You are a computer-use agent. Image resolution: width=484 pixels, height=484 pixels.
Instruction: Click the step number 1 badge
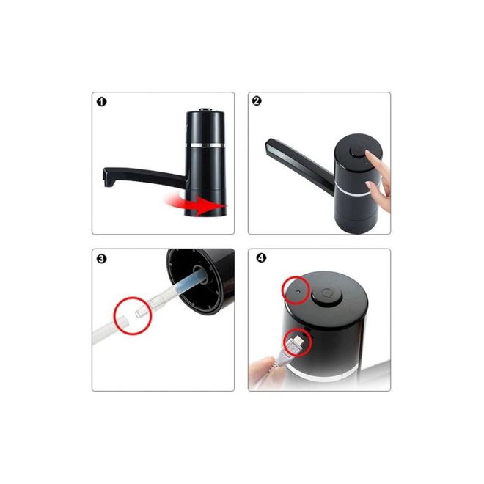coord(101,102)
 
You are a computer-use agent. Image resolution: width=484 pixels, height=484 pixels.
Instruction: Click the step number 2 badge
coord(257,101)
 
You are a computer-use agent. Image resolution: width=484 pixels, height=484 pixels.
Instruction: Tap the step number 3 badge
coord(101,258)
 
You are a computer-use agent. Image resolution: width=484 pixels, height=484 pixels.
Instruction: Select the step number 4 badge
coord(261,257)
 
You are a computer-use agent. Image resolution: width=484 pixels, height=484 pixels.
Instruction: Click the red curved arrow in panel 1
coord(197,205)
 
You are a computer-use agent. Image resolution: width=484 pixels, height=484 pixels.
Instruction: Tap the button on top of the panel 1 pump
coord(205,109)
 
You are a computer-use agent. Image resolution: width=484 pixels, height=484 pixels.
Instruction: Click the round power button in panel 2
coord(358,151)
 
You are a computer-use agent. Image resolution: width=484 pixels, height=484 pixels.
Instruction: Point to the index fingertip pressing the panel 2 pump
coord(369,153)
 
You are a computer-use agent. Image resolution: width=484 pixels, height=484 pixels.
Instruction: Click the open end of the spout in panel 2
coord(269,146)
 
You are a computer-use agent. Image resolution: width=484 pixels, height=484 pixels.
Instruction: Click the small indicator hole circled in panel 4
coord(297,290)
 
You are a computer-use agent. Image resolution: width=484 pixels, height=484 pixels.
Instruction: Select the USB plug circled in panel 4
coord(296,343)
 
